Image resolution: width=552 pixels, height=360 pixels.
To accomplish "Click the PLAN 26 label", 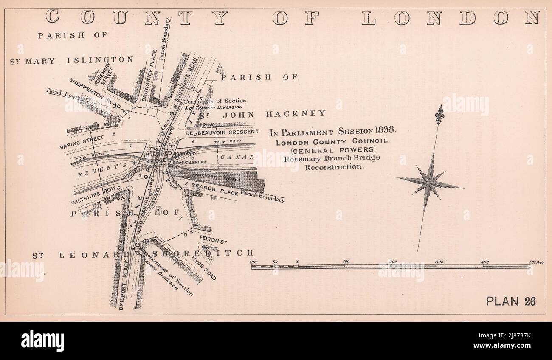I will coord(511,301).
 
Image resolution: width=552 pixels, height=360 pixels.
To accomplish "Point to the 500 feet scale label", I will coord(536,262).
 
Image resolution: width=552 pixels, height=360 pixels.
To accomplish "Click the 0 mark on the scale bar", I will coord(297,262).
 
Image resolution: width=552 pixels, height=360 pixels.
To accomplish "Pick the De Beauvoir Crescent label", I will coord(221,132).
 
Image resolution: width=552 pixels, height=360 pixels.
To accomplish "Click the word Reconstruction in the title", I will coord(335,167).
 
